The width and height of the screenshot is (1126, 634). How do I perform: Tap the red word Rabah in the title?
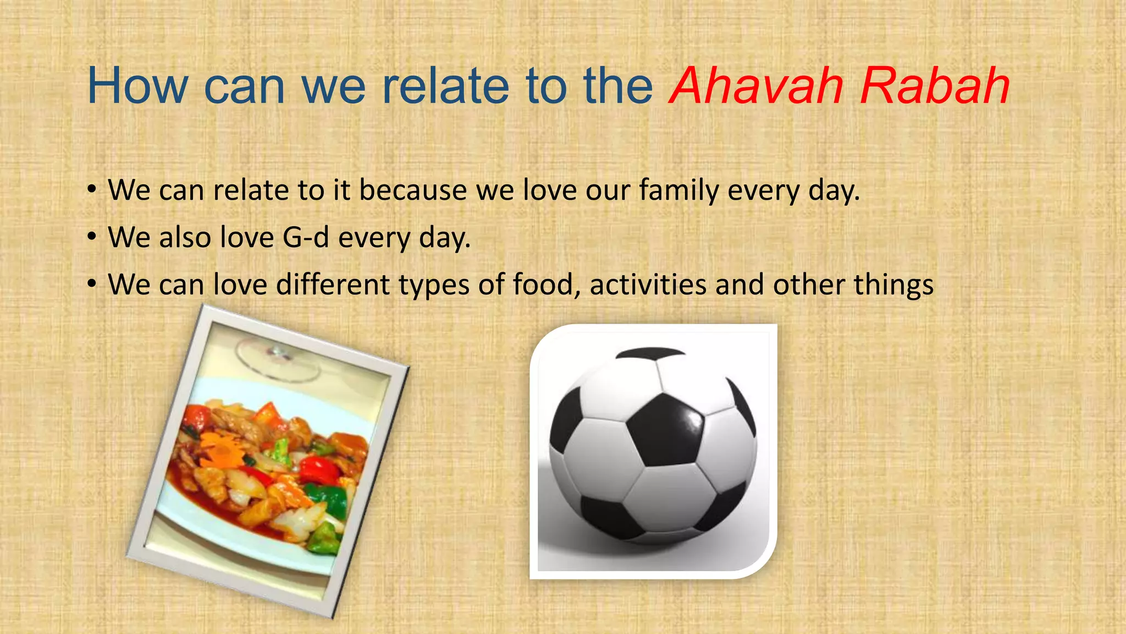(935, 86)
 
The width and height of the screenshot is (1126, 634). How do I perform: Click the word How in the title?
(138, 86)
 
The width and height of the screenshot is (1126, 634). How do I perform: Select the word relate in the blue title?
(445, 86)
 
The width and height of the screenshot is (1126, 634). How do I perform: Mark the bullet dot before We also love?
(92, 237)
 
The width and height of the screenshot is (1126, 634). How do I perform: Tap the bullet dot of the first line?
(92, 190)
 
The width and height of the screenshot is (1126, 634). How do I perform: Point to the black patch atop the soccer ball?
(650, 353)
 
